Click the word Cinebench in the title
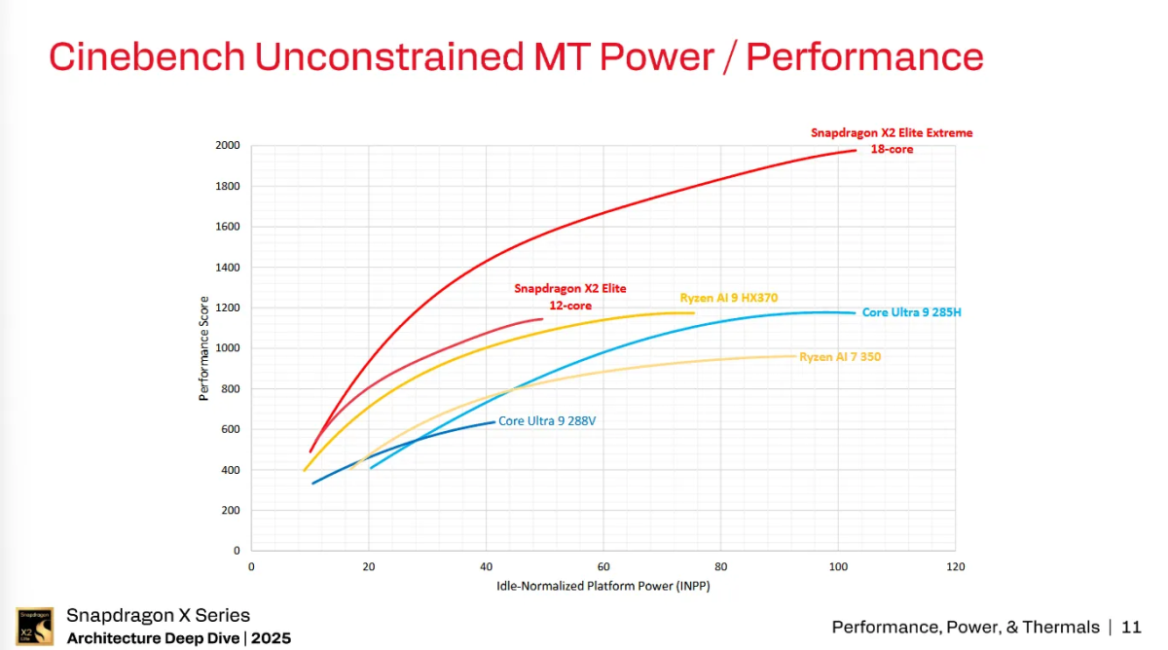[146, 56]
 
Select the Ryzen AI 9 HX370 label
[729, 298]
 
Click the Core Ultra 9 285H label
[911, 312]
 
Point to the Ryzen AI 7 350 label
[840, 357]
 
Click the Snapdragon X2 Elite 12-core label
[570, 297]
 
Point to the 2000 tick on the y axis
[227, 146]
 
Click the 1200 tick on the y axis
[227, 307]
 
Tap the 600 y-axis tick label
[230, 429]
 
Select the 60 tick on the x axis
[603, 566]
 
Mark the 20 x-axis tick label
[369, 566]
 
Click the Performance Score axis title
[204, 348]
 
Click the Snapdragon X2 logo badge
[34, 626]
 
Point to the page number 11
[1131, 628]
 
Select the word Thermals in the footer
[1059, 628]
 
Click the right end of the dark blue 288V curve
[494, 421]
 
